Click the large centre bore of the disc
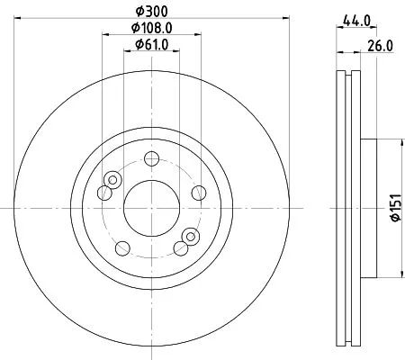point(149,206)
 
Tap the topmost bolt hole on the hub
point(153,159)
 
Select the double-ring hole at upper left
point(112,181)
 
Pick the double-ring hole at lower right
point(188,237)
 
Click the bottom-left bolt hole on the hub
point(120,247)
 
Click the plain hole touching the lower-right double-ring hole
point(184,246)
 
